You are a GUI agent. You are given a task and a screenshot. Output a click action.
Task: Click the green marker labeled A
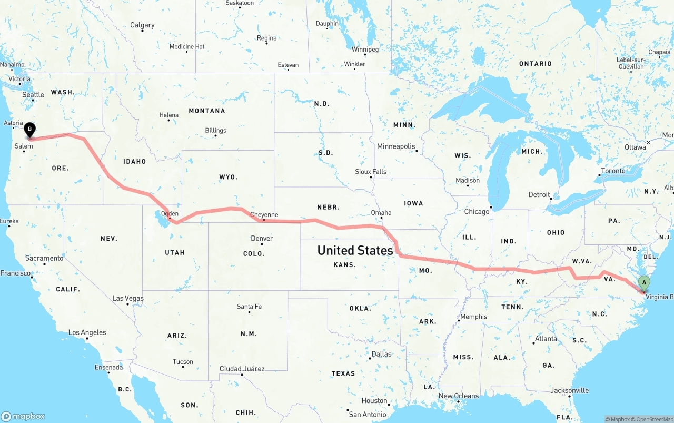tap(643, 282)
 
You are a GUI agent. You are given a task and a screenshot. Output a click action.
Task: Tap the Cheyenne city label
tap(264, 214)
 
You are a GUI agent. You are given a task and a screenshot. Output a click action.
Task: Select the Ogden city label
tap(170, 213)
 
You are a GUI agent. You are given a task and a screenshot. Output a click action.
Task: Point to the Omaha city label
tap(381, 212)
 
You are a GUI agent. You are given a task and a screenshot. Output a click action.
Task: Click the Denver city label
tap(262, 238)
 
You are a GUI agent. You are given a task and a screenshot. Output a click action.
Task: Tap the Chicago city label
tap(477, 211)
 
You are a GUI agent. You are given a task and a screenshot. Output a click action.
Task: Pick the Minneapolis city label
tap(396, 146)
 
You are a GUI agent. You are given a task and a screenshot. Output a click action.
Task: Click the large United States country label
tap(355, 250)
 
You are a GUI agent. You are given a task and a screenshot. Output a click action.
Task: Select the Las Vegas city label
tap(127, 298)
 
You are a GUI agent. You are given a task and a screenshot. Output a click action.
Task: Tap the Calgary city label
tap(142, 25)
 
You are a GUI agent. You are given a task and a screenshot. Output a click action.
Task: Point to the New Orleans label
tap(459, 396)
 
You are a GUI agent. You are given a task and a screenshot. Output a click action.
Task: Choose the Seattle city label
tap(33, 94)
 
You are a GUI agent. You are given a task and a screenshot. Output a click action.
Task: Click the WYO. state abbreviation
tap(228, 177)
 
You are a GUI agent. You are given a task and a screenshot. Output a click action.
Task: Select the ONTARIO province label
tap(535, 63)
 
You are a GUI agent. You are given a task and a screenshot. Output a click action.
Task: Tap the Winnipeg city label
tap(365, 49)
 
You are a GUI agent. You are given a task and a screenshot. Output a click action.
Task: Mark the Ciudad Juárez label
tap(242, 368)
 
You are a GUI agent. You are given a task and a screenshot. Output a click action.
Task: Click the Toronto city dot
tap(600, 175)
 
